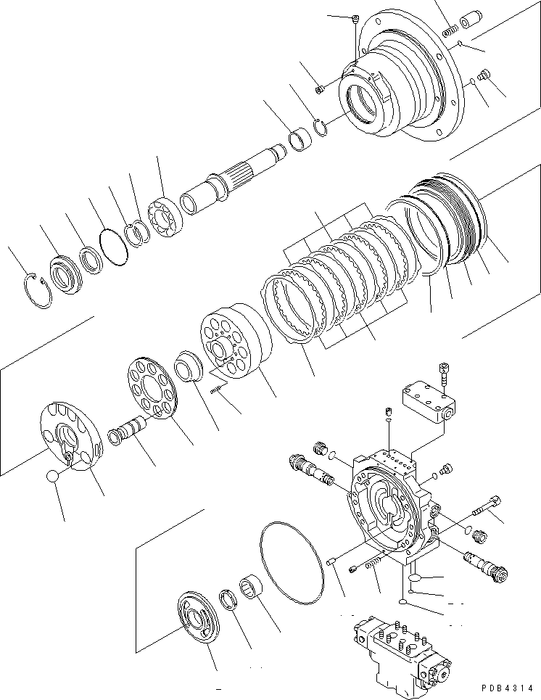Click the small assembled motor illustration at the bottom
[400, 650]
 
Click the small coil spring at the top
[450, 33]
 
